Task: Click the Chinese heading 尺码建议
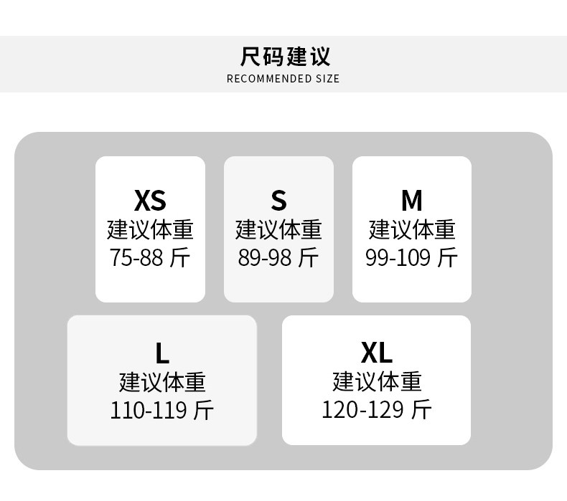pos(285,56)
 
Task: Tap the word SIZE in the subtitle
pos(327,78)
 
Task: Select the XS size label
pos(150,200)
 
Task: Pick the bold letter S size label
pos(278,200)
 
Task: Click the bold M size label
pos(411,200)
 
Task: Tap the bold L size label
pos(161,353)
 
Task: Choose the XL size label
pos(376,353)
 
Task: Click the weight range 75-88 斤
pos(150,257)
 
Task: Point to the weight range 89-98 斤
pos(278,257)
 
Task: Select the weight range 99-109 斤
pos(411,257)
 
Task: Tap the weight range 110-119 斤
pos(161,410)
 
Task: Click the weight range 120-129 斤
pos(376,410)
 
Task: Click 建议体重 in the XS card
pos(150,229)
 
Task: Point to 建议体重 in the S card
pos(278,229)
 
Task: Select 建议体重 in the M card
pos(411,229)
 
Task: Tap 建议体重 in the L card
pos(161,381)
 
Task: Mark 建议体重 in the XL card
pos(376,381)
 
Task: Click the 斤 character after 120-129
pos(421,410)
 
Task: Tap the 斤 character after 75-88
pos(180,257)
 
